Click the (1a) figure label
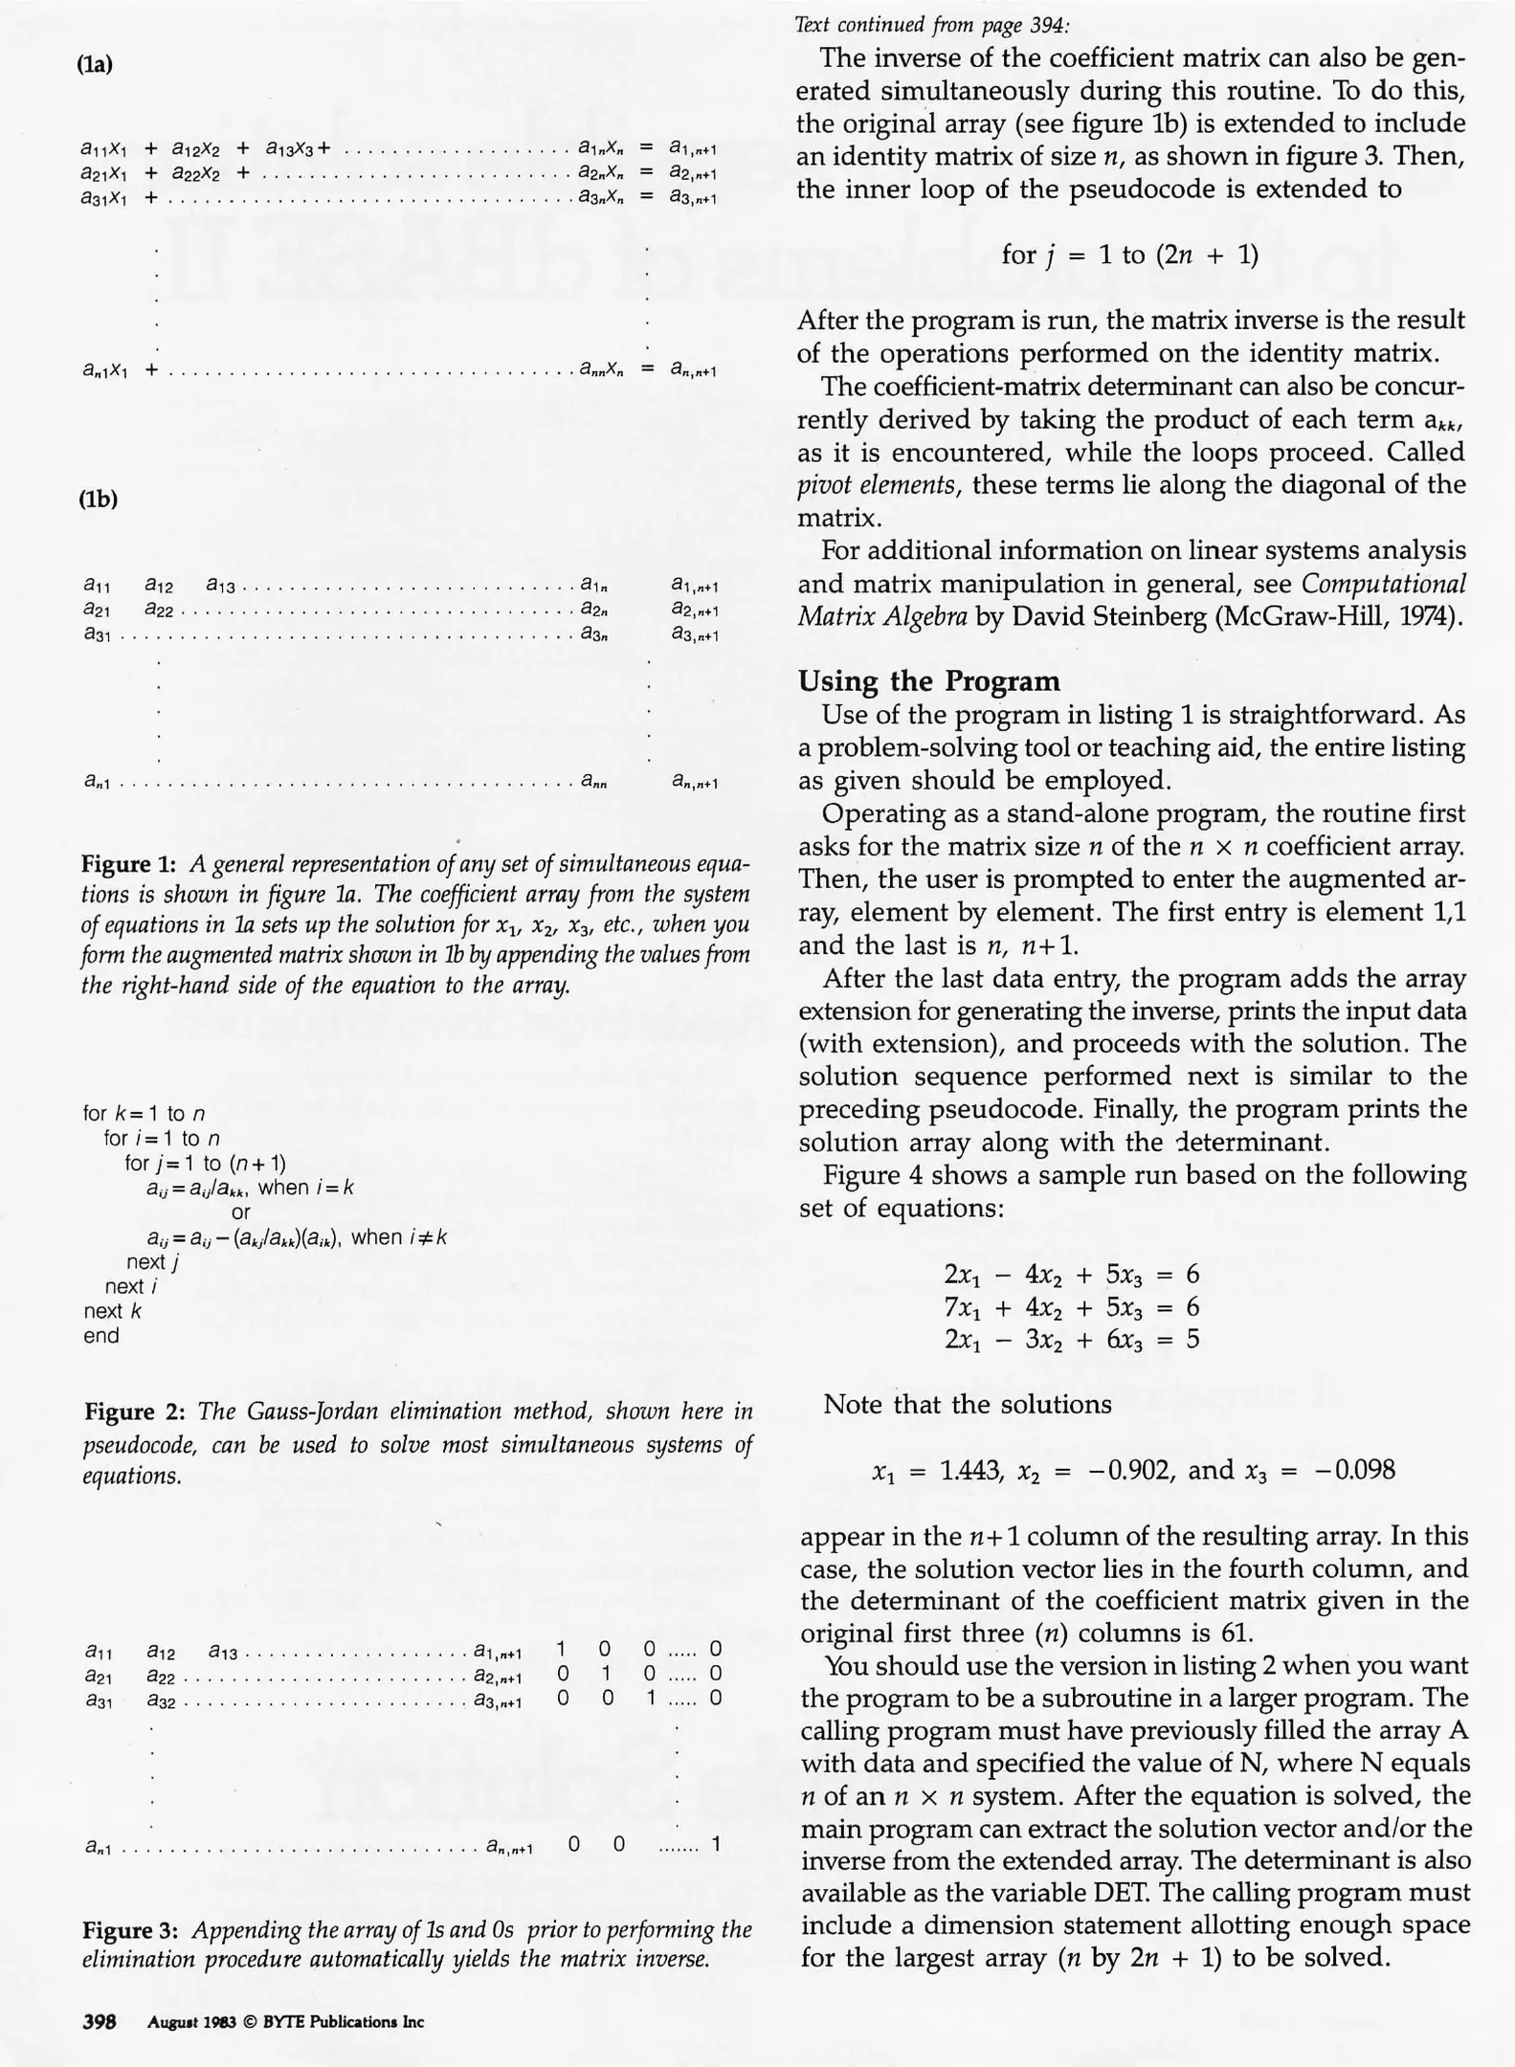point(96,65)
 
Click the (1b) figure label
point(98,499)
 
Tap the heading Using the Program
point(929,681)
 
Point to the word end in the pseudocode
point(101,1336)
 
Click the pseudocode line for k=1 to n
point(145,1113)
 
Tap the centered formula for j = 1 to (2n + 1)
point(1129,255)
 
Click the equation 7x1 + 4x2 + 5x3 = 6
point(1071,1306)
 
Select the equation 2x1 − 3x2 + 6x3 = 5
point(1071,1339)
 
